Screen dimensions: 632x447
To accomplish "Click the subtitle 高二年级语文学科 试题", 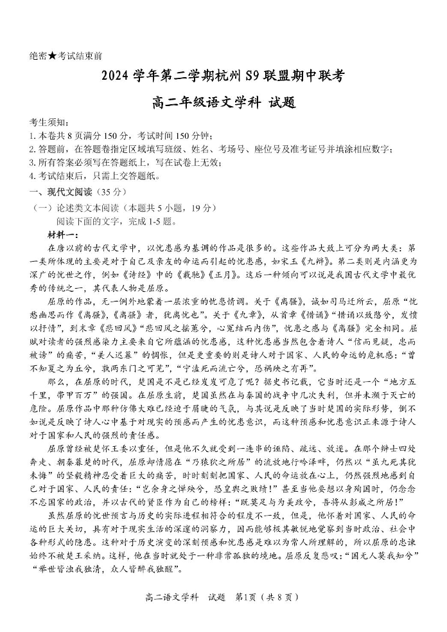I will pos(223,102).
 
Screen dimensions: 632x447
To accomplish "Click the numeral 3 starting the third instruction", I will pos(32,163).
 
